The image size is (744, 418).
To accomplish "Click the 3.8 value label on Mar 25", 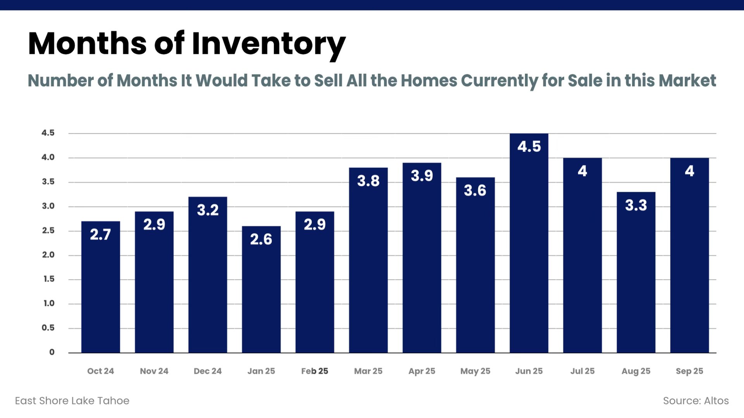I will click(368, 181).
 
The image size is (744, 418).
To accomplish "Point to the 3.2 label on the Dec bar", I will click(208, 210).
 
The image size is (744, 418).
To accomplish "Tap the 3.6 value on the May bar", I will click(475, 191).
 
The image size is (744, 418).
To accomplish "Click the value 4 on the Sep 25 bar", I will click(689, 171).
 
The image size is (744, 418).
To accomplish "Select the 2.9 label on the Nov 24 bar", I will click(154, 225).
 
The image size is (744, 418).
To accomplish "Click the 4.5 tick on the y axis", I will click(48, 133).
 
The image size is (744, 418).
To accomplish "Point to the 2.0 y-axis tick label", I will click(48, 255).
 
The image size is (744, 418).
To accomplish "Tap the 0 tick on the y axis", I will click(52, 352).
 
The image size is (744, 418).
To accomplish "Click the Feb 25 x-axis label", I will click(315, 371).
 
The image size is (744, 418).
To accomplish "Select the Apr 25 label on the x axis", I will click(422, 371).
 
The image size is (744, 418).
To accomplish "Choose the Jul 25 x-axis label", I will click(582, 371).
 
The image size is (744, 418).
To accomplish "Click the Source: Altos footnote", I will click(696, 401).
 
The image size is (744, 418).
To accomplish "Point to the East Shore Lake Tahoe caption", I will click(72, 401).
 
